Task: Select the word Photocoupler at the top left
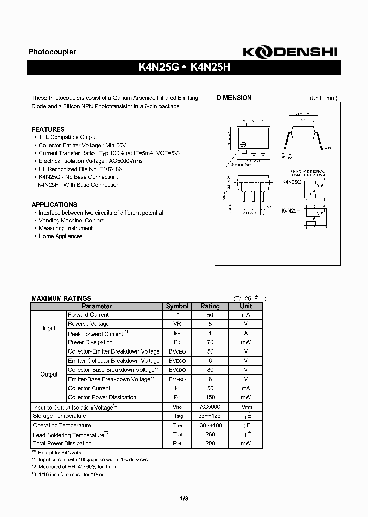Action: (52, 52)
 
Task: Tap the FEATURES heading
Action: (48, 129)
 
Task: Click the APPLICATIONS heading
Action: (54, 204)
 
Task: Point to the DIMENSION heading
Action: (234, 98)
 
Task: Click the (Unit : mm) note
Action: (323, 98)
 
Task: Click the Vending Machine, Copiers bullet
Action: (71, 220)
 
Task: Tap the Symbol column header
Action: (177, 306)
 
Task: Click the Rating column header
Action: (210, 306)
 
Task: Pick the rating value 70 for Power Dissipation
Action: (210, 342)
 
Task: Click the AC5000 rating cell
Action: (210, 407)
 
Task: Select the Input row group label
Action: (49, 328)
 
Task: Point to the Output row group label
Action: (49, 374)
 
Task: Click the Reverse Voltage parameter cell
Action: (89, 324)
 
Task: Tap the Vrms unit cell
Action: (246, 407)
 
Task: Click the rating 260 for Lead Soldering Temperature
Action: (210, 434)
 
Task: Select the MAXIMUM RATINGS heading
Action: (61, 298)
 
